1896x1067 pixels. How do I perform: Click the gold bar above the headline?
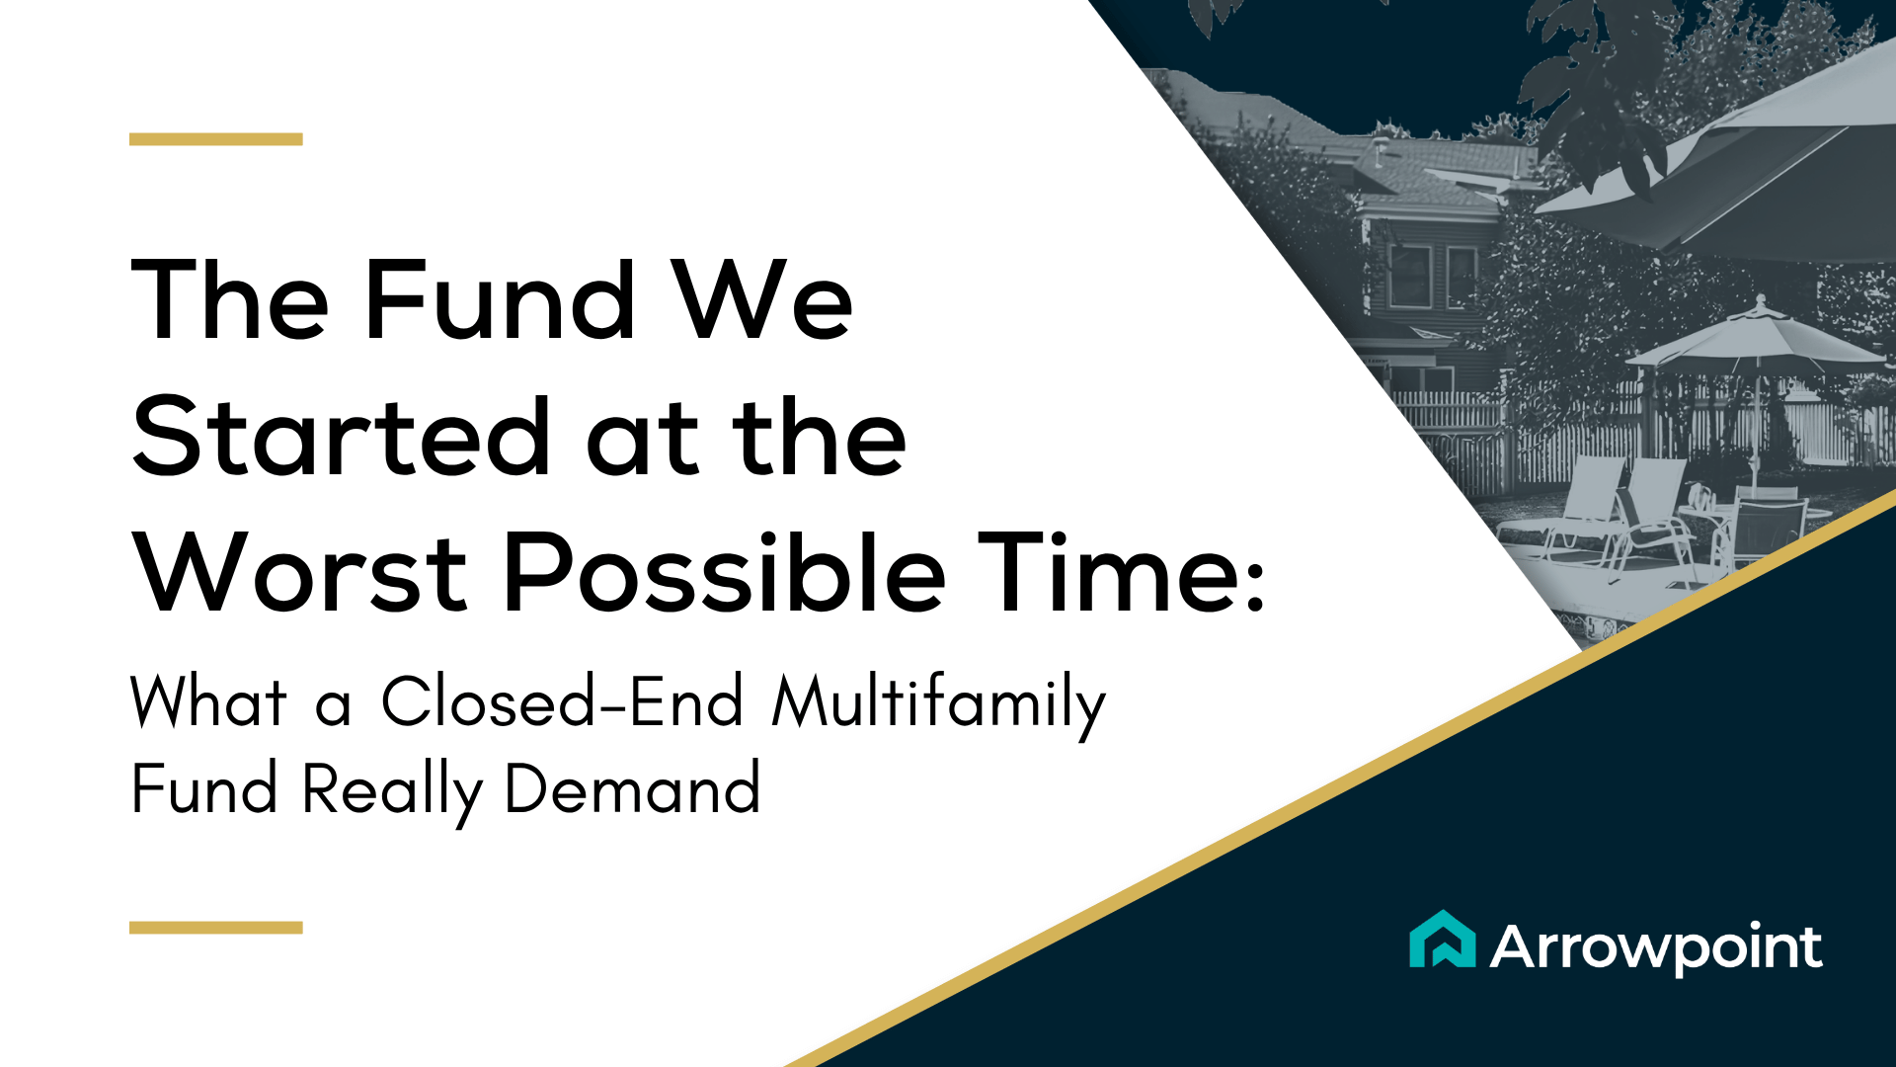point(215,139)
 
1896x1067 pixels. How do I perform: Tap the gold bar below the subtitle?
point(215,928)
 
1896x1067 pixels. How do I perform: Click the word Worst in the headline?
point(300,573)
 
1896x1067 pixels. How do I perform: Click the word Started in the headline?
point(341,437)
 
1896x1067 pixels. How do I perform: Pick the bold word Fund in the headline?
point(500,299)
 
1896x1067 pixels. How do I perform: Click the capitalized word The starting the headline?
point(230,299)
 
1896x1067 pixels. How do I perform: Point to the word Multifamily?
point(938,705)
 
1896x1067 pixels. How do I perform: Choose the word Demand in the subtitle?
point(632,788)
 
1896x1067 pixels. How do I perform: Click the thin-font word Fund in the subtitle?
point(204,788)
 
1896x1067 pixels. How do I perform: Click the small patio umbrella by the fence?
point(1756,336)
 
